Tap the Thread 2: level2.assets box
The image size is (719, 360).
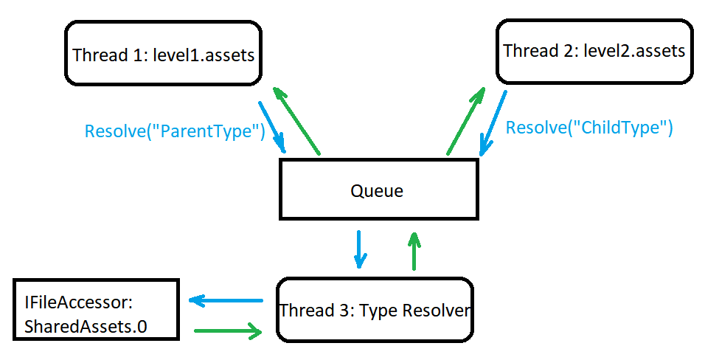594,50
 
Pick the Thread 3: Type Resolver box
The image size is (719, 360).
374,310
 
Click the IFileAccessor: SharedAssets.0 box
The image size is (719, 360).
96,310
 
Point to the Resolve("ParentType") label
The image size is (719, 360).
174,132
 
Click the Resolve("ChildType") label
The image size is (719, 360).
588,127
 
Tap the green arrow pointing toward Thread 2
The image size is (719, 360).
466,121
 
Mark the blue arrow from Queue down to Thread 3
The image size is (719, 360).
359,249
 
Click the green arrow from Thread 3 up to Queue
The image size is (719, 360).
414,251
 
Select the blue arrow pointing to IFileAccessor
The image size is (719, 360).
226,300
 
